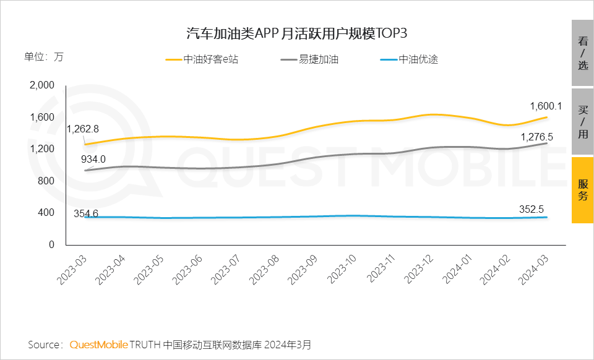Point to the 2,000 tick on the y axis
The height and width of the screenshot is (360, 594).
coord(42,85)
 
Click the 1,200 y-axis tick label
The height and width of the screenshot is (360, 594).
coord(42,149)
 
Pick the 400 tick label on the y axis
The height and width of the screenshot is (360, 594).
coord(47,213)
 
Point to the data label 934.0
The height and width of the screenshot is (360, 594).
coord(93,159)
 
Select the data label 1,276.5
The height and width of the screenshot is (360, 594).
coord(536,137)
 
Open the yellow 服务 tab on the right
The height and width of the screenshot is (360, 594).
coord(582,190)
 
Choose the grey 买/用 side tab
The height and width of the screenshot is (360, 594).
coord(582,122)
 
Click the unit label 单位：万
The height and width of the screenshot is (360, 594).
coord(43,56)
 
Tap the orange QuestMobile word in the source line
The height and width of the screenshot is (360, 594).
coord(98,344)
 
